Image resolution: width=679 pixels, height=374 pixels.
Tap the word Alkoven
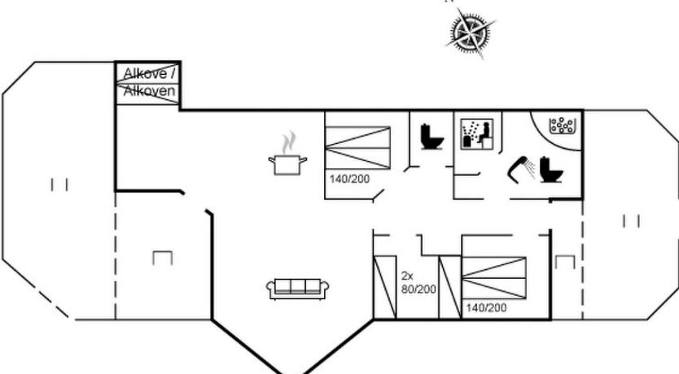click(x=150, y=91)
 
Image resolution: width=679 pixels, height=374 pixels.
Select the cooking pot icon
click(x=287, y=165)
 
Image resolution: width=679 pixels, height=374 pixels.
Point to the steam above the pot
click(x=289, y=142)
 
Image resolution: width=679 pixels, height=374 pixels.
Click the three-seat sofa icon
click(x=297, y=289)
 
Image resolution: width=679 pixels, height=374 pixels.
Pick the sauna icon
click(x=477, y=134)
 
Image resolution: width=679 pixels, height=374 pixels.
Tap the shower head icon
click(x=521, y=170)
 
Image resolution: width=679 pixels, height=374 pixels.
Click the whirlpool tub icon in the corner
click(x=562, y=125)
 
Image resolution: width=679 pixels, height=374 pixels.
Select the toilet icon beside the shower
click(x=551, y=170)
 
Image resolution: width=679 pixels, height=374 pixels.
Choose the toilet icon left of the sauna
click(x=432, y=137)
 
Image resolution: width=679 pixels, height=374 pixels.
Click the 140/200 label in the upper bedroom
click(x=349, y=179)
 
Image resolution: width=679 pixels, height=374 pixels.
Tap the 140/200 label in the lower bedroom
click(x=486, y=308)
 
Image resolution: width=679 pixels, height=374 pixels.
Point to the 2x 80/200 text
click(x=418, y=283)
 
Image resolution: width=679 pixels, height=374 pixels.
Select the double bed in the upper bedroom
click(x=357, y=147)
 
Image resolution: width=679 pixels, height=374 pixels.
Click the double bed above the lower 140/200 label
click(x=494, y=277)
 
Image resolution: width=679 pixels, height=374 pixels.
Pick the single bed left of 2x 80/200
click(x=385, y=288)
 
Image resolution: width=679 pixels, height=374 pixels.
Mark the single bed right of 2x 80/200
click(x=450, y=288)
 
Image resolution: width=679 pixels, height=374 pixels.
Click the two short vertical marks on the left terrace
click(x=59, y=185)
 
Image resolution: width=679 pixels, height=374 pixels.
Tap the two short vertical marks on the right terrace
click(x=631, y=221)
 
